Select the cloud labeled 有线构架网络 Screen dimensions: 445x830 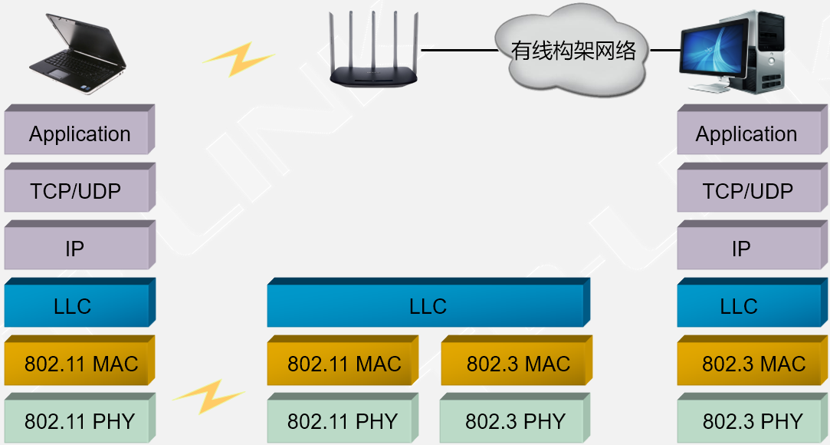573,51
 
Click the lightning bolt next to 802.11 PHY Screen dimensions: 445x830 208,397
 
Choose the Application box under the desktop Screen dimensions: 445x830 745,134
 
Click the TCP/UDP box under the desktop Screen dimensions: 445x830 746,191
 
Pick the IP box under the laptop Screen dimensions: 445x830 75,249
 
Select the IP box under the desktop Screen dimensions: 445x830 740,249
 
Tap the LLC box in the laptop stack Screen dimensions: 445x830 74,307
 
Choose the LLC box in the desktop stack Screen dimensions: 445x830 739,307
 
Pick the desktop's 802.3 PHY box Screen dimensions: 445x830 751,421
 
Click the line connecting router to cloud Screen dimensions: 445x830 458,50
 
